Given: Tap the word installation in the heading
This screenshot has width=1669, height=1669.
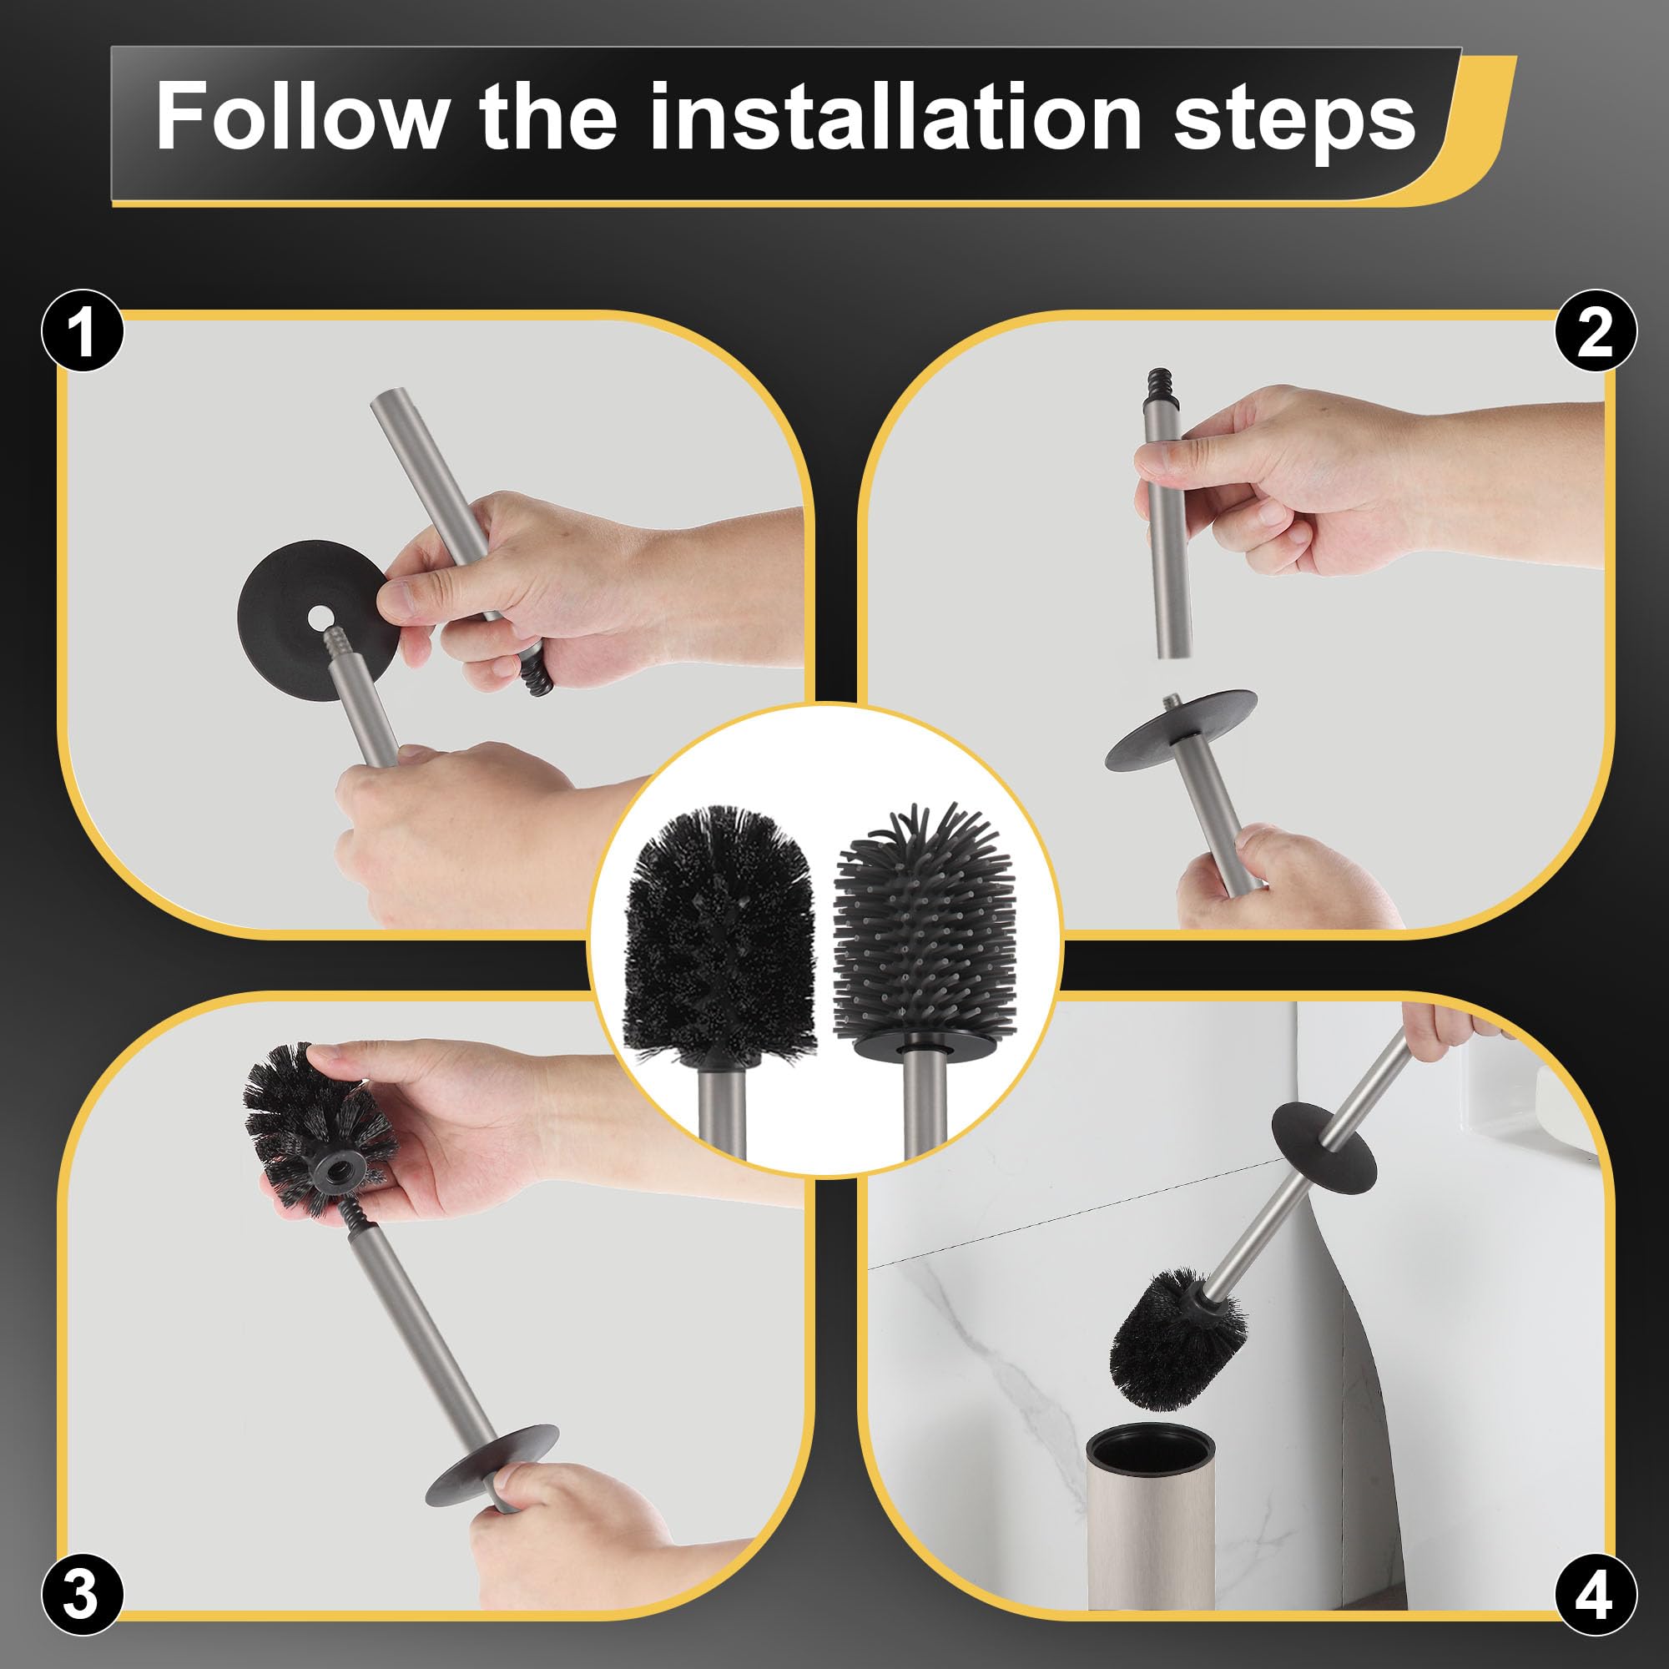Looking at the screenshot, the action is (x=895, y=117).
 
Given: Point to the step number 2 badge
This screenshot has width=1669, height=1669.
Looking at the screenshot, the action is (x=1595, y=330).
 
